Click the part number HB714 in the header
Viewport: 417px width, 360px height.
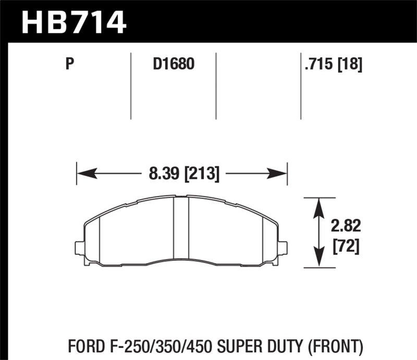pos(73,22)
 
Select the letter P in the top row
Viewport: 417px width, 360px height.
pos(69,65)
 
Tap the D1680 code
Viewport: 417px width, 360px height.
pos(173,65)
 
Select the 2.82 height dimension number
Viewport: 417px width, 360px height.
pos(346,226)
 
